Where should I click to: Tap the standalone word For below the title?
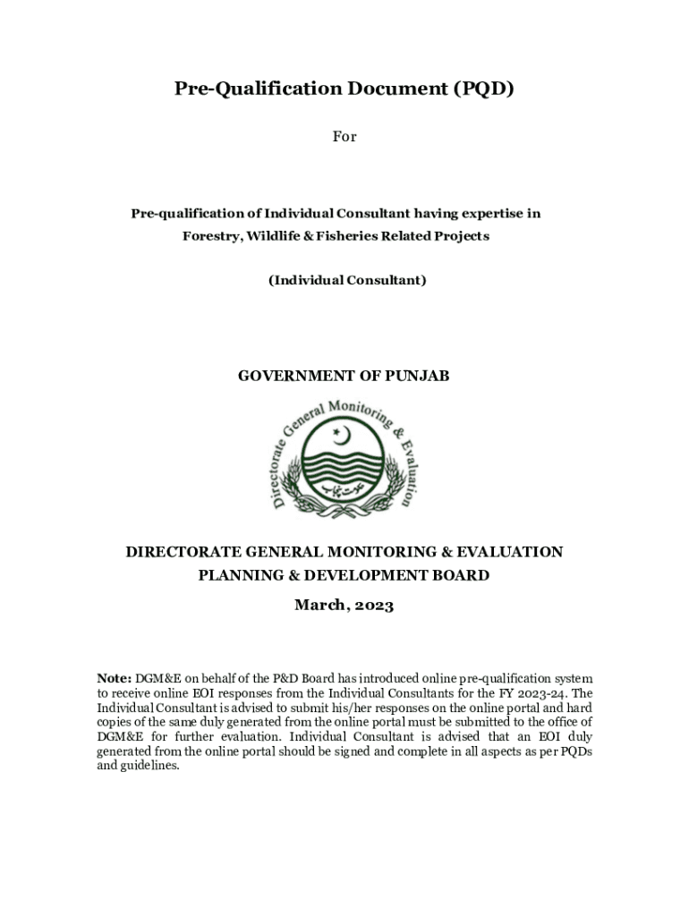(x=344, y=137)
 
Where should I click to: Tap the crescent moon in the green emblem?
(x=340, y=436)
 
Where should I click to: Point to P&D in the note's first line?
(x=283, y=679)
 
